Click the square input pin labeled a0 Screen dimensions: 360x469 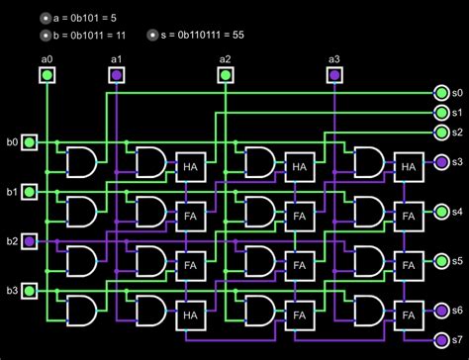pos(47,74)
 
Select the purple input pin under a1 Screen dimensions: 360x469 pos(117,74)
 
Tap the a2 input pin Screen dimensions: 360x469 pos(225,74)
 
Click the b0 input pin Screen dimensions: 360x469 pos(31,143)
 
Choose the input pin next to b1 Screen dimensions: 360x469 pos(31,192)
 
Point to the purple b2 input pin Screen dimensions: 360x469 pos(31,241)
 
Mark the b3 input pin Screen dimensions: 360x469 pos(31,290)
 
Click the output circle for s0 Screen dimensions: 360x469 pos(441,92)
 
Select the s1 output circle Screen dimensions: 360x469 pos(441,112)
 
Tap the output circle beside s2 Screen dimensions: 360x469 pos(441,132)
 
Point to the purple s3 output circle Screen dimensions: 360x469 pos(441,162)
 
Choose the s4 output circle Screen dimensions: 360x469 pos(441,212)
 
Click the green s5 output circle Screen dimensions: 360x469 pos(441,261)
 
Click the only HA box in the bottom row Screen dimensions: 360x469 pos(189,315)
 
